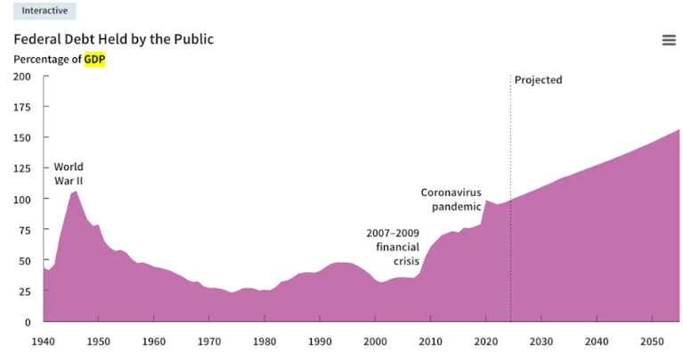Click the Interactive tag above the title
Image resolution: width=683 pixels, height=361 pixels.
(45, 11)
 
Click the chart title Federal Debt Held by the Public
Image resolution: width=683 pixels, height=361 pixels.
(113, 39)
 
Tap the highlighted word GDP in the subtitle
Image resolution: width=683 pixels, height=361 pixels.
(94, 59)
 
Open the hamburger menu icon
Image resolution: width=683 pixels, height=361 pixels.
(669, 40)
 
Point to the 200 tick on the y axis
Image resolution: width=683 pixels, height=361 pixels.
(22, 77)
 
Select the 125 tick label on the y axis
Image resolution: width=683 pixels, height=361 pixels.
(22, 168)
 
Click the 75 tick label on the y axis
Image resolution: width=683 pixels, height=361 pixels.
(25, 230)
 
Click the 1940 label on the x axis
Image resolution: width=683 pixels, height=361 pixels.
(44, 340)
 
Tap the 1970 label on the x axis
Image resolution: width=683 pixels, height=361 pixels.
(209, 340)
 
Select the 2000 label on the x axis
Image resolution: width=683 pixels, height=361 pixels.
(375, 340)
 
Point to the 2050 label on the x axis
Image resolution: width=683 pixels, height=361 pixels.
(651, 340)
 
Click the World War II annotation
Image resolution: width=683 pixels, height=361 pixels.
(69, 174)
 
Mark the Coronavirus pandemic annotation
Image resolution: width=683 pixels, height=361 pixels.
(451, 200)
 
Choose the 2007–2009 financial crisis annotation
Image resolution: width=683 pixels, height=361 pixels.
(393, 247)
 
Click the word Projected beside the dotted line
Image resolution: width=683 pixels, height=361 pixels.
(539, 80)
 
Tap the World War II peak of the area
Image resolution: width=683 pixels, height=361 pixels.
(76, 192)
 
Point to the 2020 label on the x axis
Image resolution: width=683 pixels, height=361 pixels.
(485, 340)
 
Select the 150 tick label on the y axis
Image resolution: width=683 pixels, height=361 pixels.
(22, 138)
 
